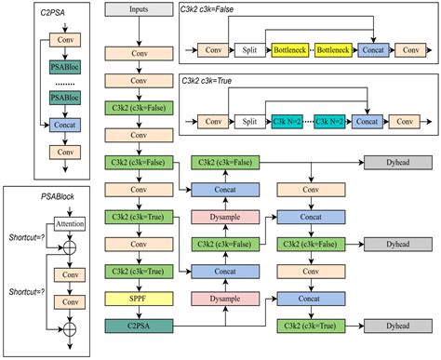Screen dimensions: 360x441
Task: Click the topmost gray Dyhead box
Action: click(x=388, y=163)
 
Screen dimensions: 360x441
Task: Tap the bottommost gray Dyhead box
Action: click(x=388, y=326)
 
